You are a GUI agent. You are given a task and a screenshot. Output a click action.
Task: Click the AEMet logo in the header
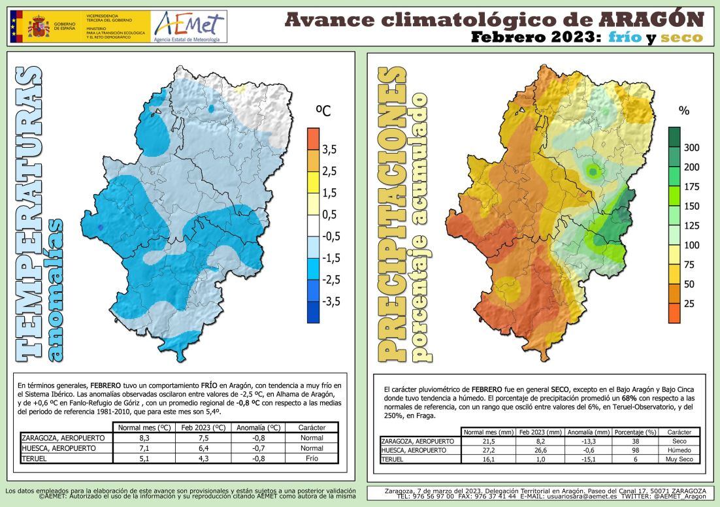point(188,27)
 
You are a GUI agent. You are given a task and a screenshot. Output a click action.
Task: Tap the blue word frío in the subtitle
point(623,37)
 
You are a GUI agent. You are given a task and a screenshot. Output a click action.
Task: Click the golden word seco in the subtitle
point(681,37)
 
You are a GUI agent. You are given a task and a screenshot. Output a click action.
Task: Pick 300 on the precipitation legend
point(691,148)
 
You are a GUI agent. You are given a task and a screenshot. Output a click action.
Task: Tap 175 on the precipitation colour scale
point(691,187)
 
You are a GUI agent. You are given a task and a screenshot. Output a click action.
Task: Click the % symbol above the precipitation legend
point(684,111)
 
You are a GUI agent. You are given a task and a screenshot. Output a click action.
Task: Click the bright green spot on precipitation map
point(593,172)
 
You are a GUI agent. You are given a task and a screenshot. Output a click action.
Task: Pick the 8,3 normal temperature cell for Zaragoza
point(145,438)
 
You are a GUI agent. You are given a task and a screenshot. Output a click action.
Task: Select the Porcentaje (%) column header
point(636,432)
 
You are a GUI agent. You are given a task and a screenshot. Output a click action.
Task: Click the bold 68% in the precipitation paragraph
point(629,397)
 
